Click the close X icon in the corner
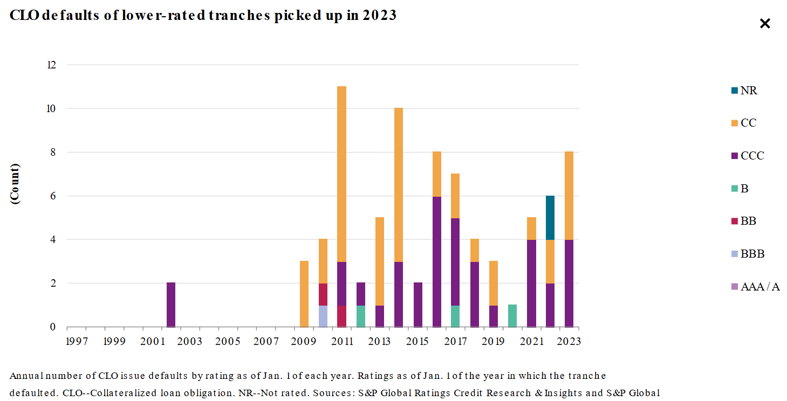click(764, 24)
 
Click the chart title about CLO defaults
click(203, 16)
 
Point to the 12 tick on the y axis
click(52, 65)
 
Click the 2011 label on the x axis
click(342, 341)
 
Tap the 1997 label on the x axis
click(76, 341)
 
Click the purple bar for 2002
click(171, 305)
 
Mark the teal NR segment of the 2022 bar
click(550, 218)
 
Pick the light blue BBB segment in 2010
click(323, 316)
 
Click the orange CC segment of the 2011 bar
click(342, 174)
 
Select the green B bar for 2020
click(512, 316)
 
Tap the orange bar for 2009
click(304, 294)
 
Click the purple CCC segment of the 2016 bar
click(437, 261)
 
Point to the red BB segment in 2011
click(342, 316)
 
